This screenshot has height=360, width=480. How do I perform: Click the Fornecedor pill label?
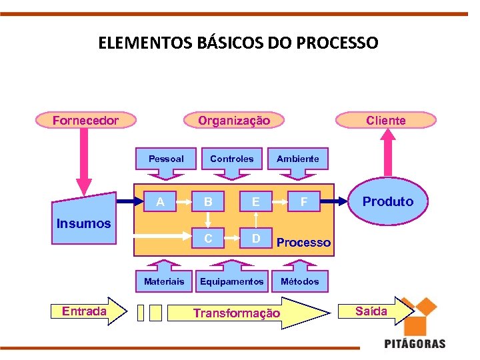click(x=85, y=121)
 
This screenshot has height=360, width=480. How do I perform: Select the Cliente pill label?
click(x=385, y=121)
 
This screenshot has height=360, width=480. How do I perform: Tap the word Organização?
click(x=234, y=121)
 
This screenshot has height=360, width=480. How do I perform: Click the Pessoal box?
click(x=166, y=159)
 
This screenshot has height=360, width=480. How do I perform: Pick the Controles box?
click(x=231, y=159)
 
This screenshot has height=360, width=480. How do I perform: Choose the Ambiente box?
click(x=297, y=159)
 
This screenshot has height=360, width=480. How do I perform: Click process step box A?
click(x=160, y=200)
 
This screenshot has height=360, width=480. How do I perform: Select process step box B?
click(x=209, y=200)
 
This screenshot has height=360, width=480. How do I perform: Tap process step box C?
click(x=209, y=237)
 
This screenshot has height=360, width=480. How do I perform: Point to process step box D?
click(x=255, y=237)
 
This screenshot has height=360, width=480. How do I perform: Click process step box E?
click(x=255, y=200)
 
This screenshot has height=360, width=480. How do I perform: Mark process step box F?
click(x=304, y=200)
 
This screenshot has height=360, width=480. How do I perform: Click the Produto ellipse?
click(x=387, y=201)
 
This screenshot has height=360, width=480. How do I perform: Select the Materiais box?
click(x=164, y=281)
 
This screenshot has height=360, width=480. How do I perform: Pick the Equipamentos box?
click(x=231, y=281)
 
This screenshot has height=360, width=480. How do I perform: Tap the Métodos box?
click(x=299, y=281)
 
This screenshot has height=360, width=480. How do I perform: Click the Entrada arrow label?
click(x=83, y=311)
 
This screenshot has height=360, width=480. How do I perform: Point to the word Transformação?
click(x=237, y=313)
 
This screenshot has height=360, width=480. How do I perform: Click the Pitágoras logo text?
click(x=415, y=343)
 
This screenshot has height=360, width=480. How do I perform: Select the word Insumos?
click(x=84, y=223)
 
